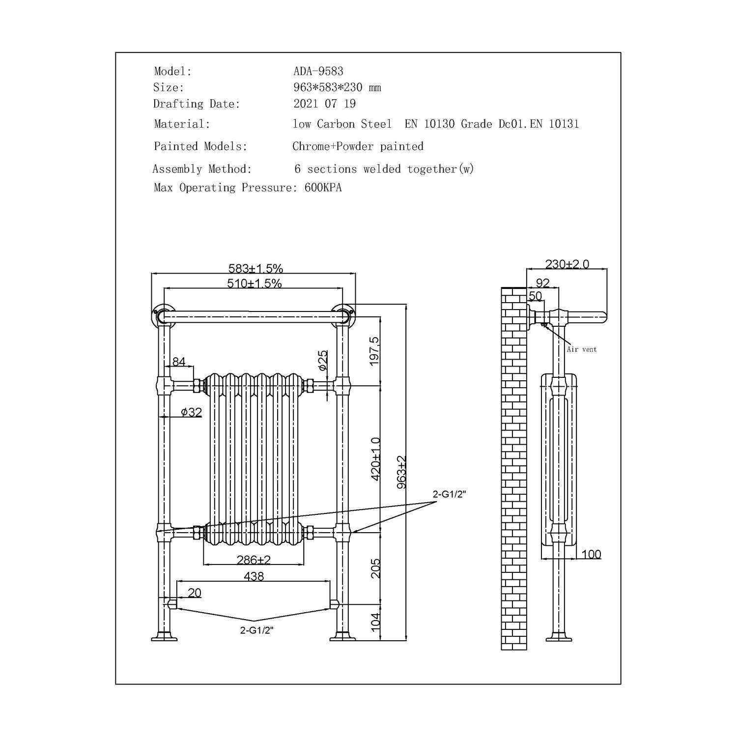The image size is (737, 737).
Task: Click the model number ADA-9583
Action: pos(318,71)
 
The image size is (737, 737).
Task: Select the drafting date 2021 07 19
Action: pos(324,104)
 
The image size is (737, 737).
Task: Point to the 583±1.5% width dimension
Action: pos(255,268)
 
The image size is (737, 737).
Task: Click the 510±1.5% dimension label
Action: pos(255,283)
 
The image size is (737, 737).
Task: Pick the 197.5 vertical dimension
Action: pos(375,351)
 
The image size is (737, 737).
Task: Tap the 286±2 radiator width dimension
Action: pos(254,560)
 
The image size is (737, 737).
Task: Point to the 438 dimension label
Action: pos(254,576)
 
